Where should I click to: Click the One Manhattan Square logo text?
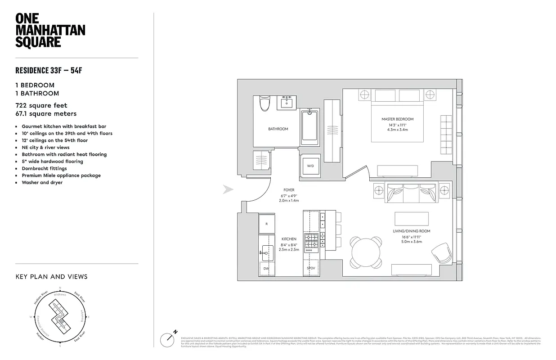(x=50, y=30)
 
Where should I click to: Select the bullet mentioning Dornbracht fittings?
(x=44, y=168)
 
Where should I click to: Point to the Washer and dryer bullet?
(x=42, y=182)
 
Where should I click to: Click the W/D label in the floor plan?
(x=310, y=165)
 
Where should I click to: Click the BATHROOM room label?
(x=278, y=129)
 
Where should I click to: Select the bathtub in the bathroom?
(x=309, y=126)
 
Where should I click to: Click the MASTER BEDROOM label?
(x=397, y=119)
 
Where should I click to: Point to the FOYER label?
(x=289, y=190)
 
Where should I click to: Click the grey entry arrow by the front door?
(x=228, y=190)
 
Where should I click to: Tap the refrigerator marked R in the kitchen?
(x=266, y=224)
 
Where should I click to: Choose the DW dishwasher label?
(x=266, y=268)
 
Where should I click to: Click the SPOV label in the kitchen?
(x=311, y=268)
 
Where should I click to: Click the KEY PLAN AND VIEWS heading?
(x=51, y=277)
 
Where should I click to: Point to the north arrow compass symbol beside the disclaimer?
(x=168, y=339)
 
